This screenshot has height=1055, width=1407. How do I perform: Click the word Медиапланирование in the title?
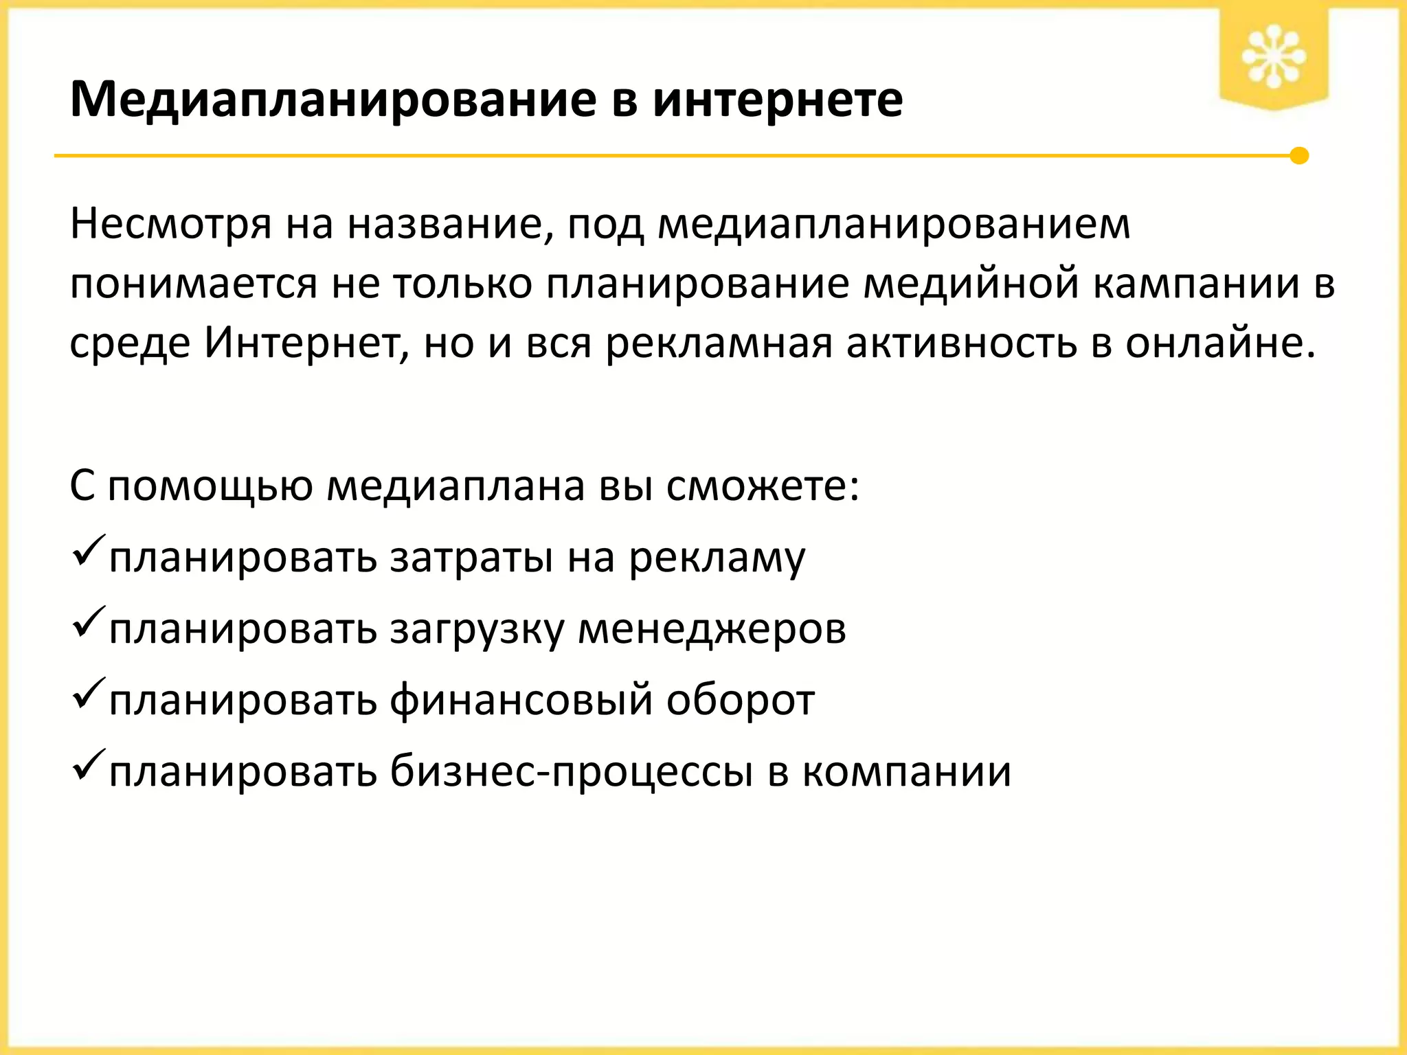click(333, 100)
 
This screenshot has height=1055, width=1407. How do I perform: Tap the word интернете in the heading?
click(777, 100)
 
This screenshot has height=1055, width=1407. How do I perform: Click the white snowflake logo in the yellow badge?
click(1273, 56)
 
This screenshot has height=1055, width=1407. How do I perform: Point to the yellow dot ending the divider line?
click(1298, 156)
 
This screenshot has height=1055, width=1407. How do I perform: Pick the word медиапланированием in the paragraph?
click(893, 225)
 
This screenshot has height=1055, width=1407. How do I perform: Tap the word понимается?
click(193, 284)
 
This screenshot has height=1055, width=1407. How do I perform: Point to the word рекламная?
click(719, 343)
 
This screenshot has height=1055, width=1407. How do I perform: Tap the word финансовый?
click(521, 701)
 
